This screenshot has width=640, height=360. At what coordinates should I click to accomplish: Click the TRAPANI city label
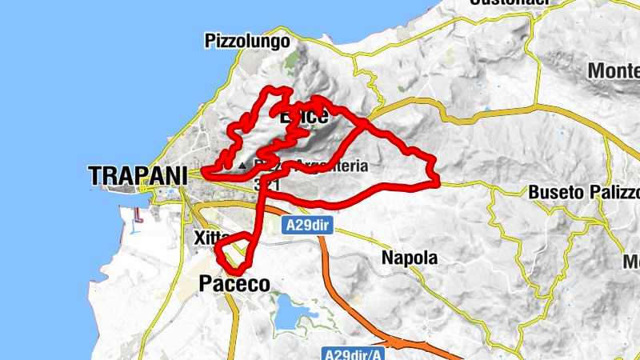(138, 174)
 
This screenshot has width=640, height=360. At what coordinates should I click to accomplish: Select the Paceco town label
(234, 284)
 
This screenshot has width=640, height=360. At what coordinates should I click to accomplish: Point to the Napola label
(409, 258)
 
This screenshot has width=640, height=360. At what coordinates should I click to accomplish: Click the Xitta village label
(207, 238)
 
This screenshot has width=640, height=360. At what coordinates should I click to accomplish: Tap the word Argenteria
(331, 166)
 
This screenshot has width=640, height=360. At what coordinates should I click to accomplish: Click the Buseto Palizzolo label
(584, 193)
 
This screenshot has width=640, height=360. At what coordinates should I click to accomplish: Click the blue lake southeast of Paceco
(285, 314)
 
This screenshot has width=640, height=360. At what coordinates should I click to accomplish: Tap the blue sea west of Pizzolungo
(96, 64)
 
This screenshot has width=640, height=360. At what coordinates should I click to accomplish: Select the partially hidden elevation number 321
(266, 184)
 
